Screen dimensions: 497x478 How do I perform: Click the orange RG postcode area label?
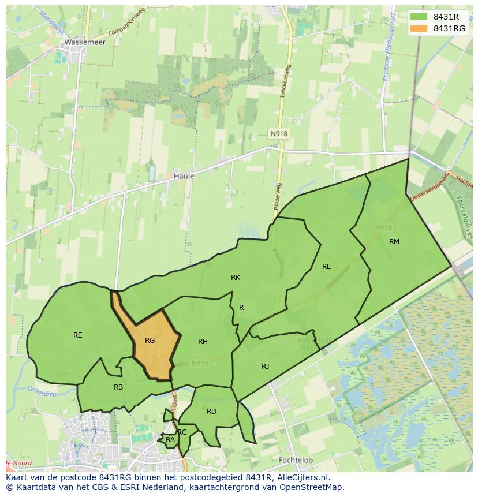(x=150, y=341)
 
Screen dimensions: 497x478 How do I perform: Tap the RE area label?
(x=78, y=335)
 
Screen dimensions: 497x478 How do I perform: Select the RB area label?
(x=118, y=387)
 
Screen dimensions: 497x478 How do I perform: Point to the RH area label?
(x=203, y=342)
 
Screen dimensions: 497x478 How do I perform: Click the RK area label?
(x=236, y=278)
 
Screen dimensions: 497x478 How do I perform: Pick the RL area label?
(x=326, y=267)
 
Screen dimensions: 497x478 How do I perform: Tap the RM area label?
(x=394, y=242)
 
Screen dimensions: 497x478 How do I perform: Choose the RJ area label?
(x=265, y=367)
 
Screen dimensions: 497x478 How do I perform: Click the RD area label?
(x=211, y=412)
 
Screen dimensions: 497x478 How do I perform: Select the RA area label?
(x=170, y=440)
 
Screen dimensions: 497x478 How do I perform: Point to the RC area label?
(x=182, y=432)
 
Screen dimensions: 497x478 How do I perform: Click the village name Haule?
(x=184, y=176)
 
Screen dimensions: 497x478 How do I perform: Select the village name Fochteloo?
(x=295, y=461)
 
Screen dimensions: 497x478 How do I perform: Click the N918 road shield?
(x=279, y=134)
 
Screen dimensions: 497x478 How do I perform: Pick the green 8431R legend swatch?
(x=419, y=17)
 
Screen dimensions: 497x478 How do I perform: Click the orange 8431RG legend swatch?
(x=419, y=28)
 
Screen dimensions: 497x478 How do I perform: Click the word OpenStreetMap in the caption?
(x=312, y=487)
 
